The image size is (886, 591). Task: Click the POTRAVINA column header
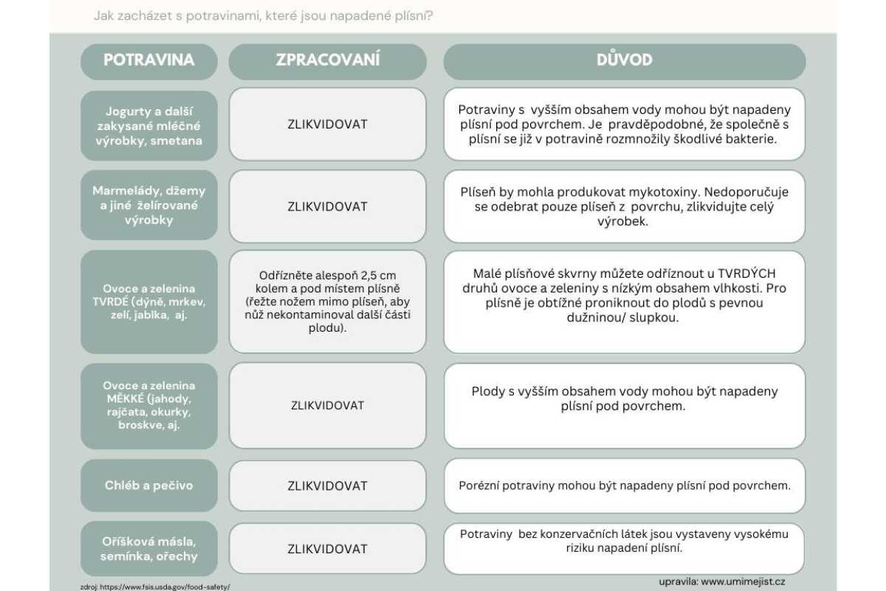(149, 61)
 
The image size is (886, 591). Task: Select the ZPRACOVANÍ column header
(328, 61)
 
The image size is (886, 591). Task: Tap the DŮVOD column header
(624, 61)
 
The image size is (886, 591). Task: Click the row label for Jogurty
(149, 126)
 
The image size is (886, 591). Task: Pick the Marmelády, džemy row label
(149, 205)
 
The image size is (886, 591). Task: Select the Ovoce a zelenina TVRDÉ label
(149, 301)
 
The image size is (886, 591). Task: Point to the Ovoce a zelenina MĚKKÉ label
(149, 405)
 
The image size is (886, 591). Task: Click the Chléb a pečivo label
(149, 485)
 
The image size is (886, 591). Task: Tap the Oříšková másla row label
(149, 549)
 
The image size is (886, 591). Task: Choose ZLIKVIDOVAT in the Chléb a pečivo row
(328, 485)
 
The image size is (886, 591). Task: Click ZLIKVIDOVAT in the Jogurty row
(328, 124)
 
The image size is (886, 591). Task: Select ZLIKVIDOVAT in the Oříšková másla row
(328, 549)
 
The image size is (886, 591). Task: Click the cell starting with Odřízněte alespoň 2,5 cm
(328, 301)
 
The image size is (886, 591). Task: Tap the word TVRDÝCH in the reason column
(745, 274)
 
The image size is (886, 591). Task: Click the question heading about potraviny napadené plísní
(263, 15)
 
